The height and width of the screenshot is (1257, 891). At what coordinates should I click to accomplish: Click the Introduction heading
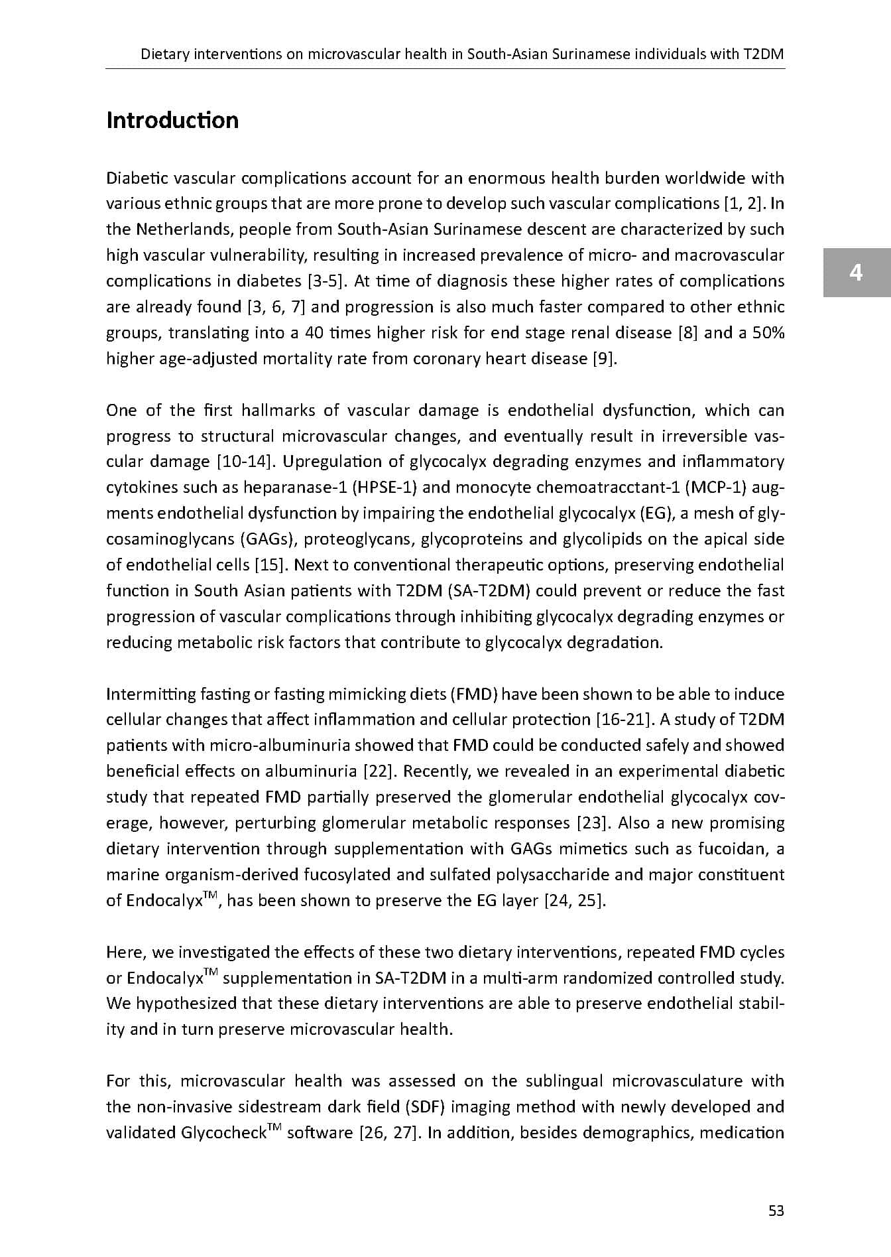tap(172, 120)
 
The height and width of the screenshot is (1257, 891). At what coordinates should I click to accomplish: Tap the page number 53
tap(776, 1211)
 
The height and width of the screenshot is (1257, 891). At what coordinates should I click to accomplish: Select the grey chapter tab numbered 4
tap(857, 273)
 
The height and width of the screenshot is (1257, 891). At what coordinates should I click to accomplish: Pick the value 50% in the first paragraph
tap(769, 333)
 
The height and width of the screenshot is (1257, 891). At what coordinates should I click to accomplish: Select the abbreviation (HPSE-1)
tap(385, 488)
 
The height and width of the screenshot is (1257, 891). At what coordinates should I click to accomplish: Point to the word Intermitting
tap(148, 695)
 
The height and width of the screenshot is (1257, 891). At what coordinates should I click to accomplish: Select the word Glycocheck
tap(223, 1133)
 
